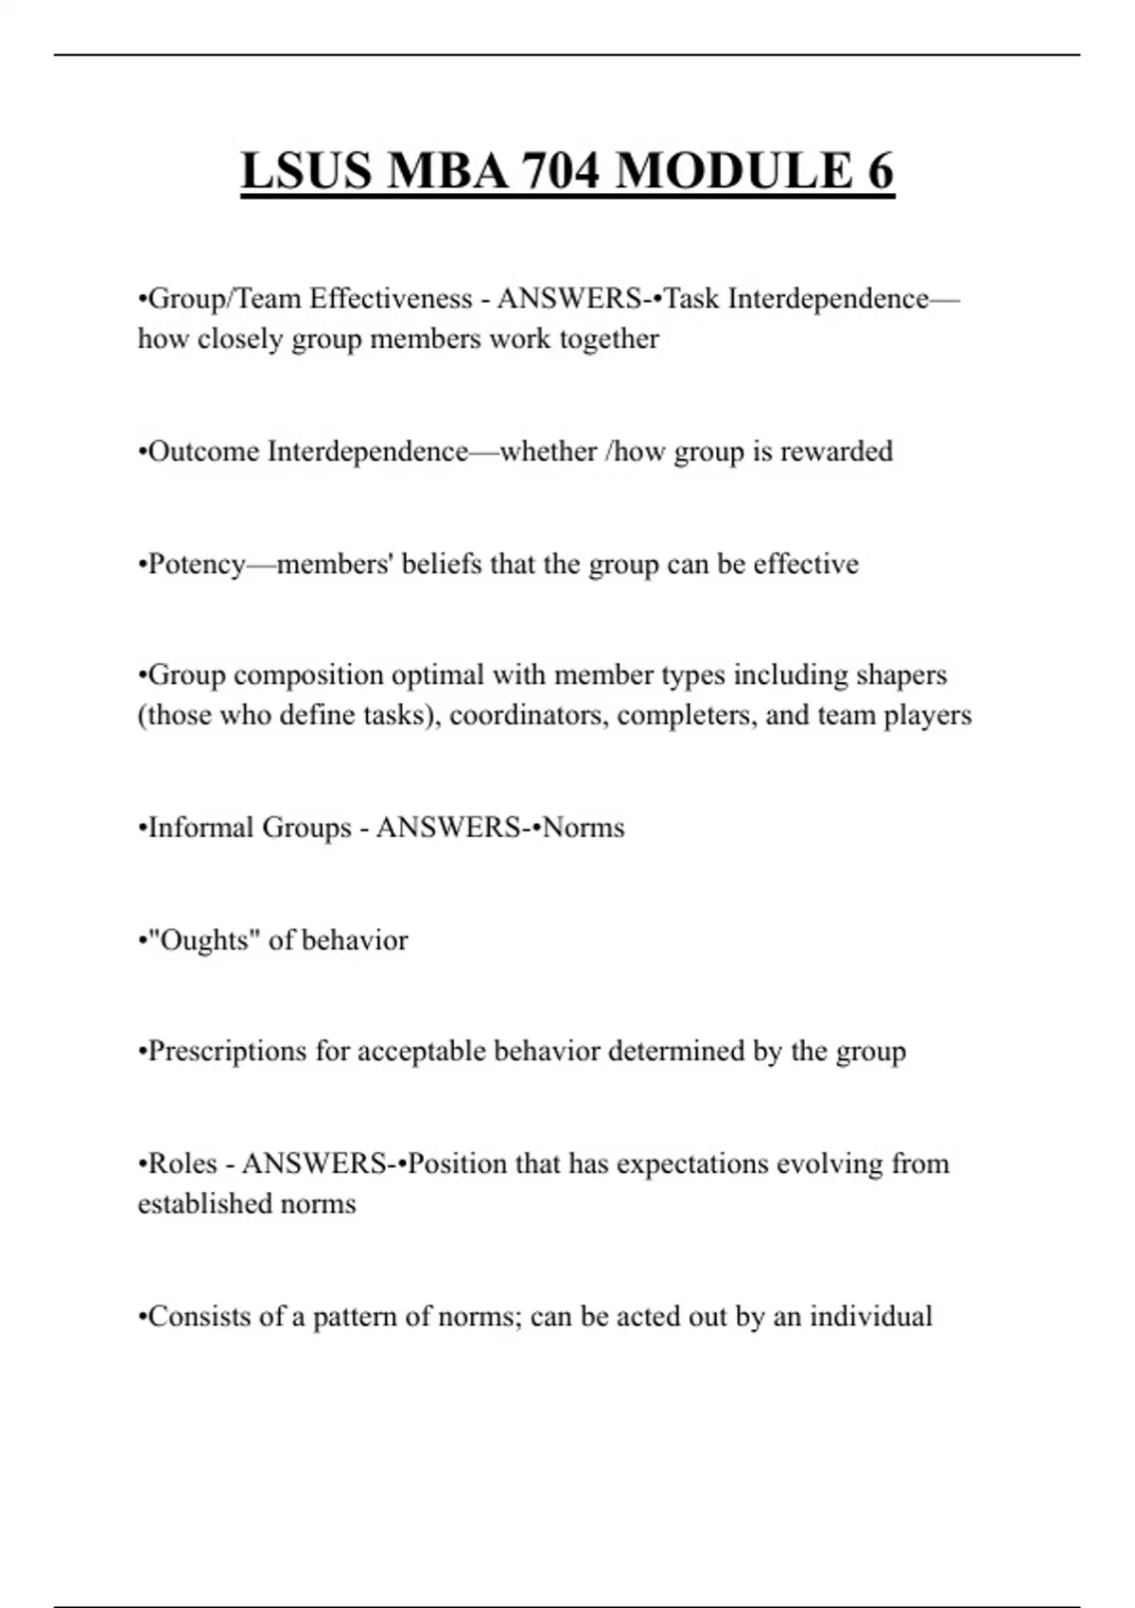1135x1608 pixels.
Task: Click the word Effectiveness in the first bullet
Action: (391, 299)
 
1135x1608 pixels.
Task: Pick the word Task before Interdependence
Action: (691, 299)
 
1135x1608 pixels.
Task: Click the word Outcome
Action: (203, 451)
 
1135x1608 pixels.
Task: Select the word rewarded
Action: (836, 451)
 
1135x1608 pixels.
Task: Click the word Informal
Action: (201, 828)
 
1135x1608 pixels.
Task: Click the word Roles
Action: (183, 1163)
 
